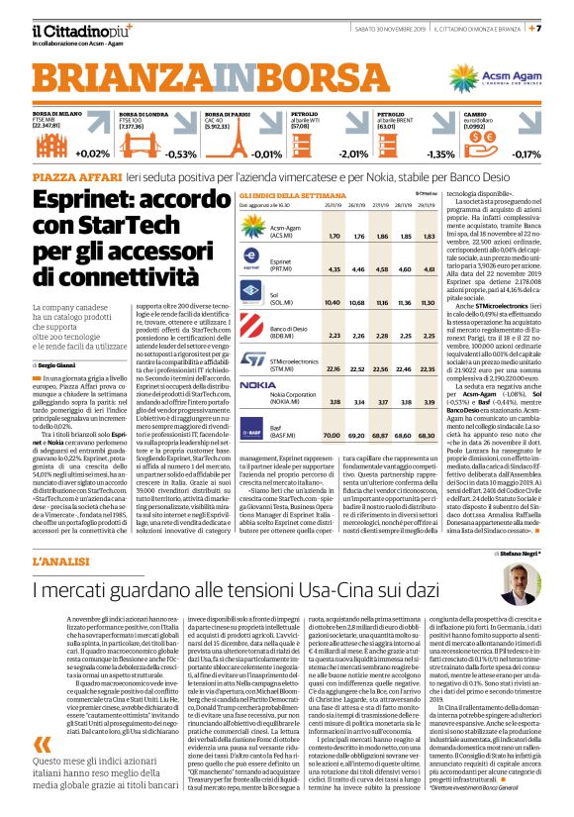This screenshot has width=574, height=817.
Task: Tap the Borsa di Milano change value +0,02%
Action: pyautogui.click(x=91, y=153)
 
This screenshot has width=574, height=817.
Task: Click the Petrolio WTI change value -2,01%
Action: pyautogui.click(x=351, y=153)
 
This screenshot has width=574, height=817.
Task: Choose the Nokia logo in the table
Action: pyautogui.click(x=256, y=383)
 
